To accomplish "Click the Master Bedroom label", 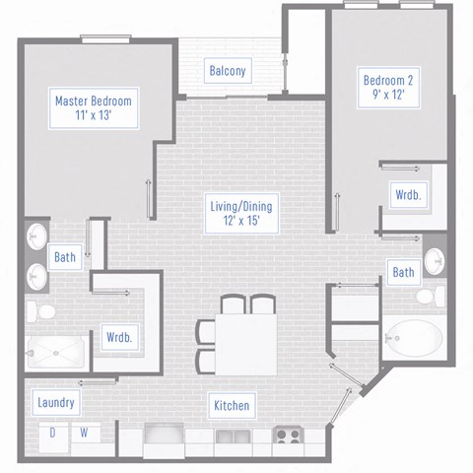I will (x=94, y=108).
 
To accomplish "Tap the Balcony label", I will (x=227, y=71).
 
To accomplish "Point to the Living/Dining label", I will (x=240, y=214).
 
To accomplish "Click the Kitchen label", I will (x=231, y=405).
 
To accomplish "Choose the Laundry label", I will (x=56, y=403).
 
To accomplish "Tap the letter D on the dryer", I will (x=54, y=433).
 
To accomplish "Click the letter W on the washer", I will (x=84, y=433).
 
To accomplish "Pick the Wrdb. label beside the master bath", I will (x=119, y=337).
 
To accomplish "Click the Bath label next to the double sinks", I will (x=65, y=258).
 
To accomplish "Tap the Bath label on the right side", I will (x=403, y=272).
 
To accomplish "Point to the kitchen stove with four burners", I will (x=288, y=435).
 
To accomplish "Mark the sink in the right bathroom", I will (x=434, y=261).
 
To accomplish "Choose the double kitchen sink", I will (x=233, y=436).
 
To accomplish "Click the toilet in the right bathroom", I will (x=431, y=296).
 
